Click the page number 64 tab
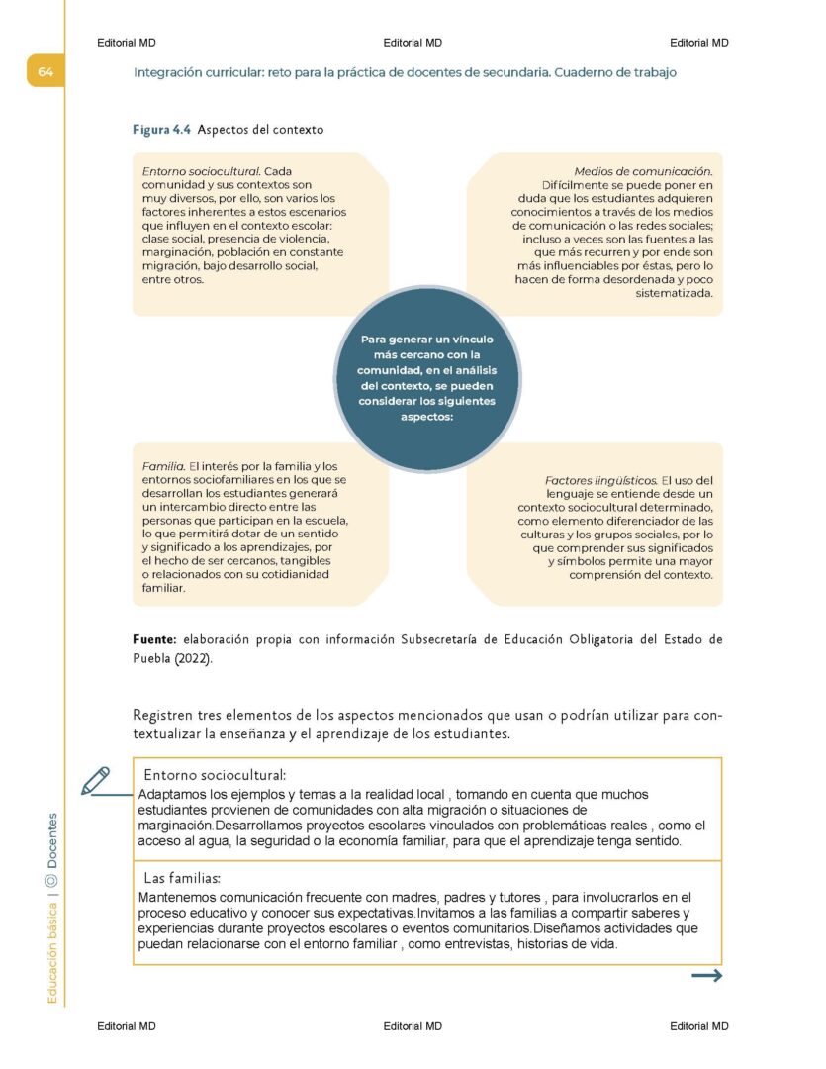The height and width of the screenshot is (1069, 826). [x=46, y=72]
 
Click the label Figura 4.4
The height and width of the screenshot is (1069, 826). [x=161, y=130]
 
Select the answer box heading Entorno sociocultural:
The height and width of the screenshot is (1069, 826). [x=215, y=774]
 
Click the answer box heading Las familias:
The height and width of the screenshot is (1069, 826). [x=182, y=878]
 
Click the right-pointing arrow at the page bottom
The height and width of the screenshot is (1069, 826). [x=706, y=976]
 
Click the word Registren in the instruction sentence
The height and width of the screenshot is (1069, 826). [x=162, y=715]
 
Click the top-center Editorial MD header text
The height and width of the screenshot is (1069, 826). [x=412, y=43]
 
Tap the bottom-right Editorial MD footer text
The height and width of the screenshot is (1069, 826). [x=698, y=1026]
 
